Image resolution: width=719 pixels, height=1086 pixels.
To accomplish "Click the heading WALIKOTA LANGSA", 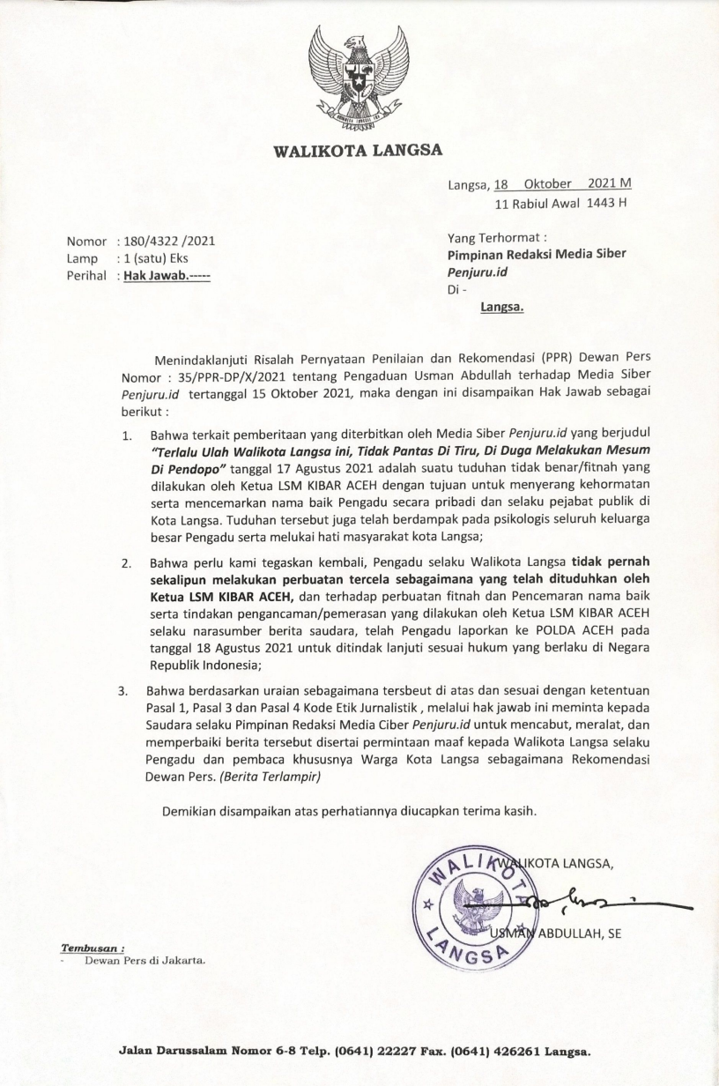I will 359,149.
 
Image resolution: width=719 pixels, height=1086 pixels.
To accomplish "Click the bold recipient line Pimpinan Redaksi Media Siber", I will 537,254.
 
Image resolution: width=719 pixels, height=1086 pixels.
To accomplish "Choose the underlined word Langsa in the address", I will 502,308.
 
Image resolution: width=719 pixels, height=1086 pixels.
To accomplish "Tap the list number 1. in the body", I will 128,435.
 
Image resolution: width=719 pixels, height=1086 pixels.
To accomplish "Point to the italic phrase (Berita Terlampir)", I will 264,778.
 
